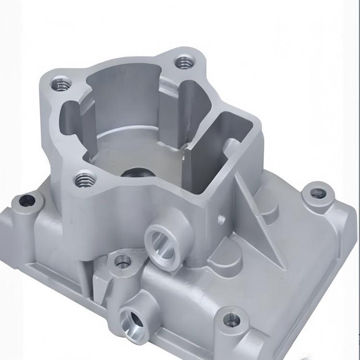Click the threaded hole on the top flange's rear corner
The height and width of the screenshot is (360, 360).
click(183, 61)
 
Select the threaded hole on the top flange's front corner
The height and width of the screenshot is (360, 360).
click(84, 180)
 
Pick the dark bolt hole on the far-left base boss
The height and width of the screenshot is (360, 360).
click(26, 200)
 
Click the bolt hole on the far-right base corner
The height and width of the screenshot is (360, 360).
click(317, 193)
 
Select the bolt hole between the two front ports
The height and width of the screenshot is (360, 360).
click(123, 262)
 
